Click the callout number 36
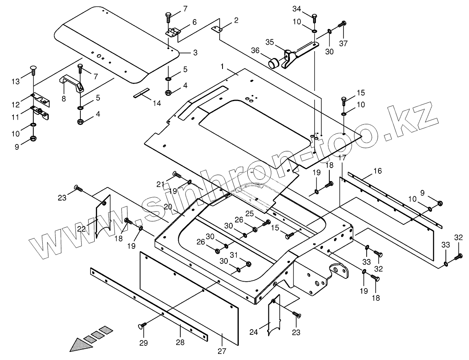pyautogui.click(x=255, y=50)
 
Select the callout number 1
pyautogui.click(x=223, y=65)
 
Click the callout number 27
pyautogui.click(x=222, y=351)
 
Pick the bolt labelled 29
pyautogui.click(x=143, y=325)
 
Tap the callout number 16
pyautogui.click(x=378, y=171)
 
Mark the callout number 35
pyautogui.click(x=270, y=42)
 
